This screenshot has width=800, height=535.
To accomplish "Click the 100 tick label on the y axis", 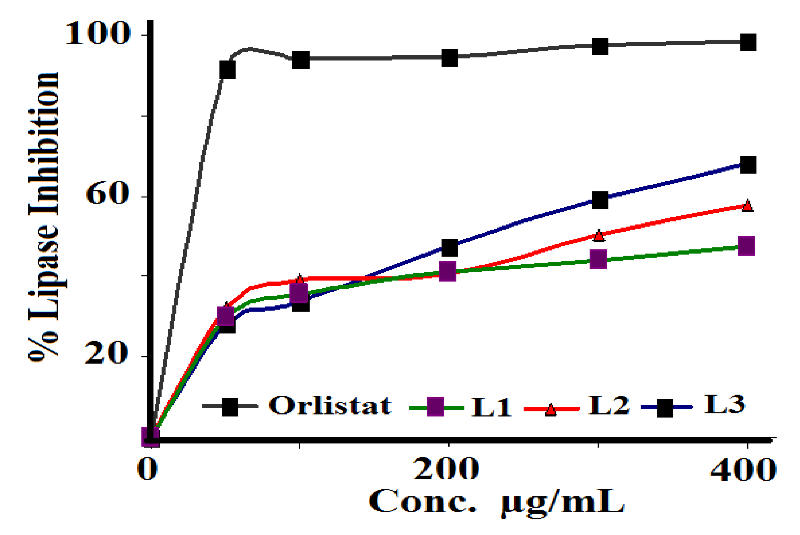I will click(98, 34).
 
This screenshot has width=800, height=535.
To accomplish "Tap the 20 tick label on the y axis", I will click(106, 354).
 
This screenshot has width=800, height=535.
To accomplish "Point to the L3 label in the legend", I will click(724, 405).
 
